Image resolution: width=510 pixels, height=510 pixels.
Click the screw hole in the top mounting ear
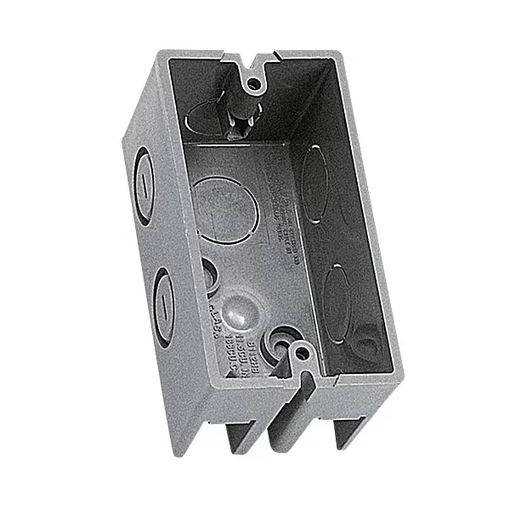252,83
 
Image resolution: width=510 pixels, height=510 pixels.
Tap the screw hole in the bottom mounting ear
299,350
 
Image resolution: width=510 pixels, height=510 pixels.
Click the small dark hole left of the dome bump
208,273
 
